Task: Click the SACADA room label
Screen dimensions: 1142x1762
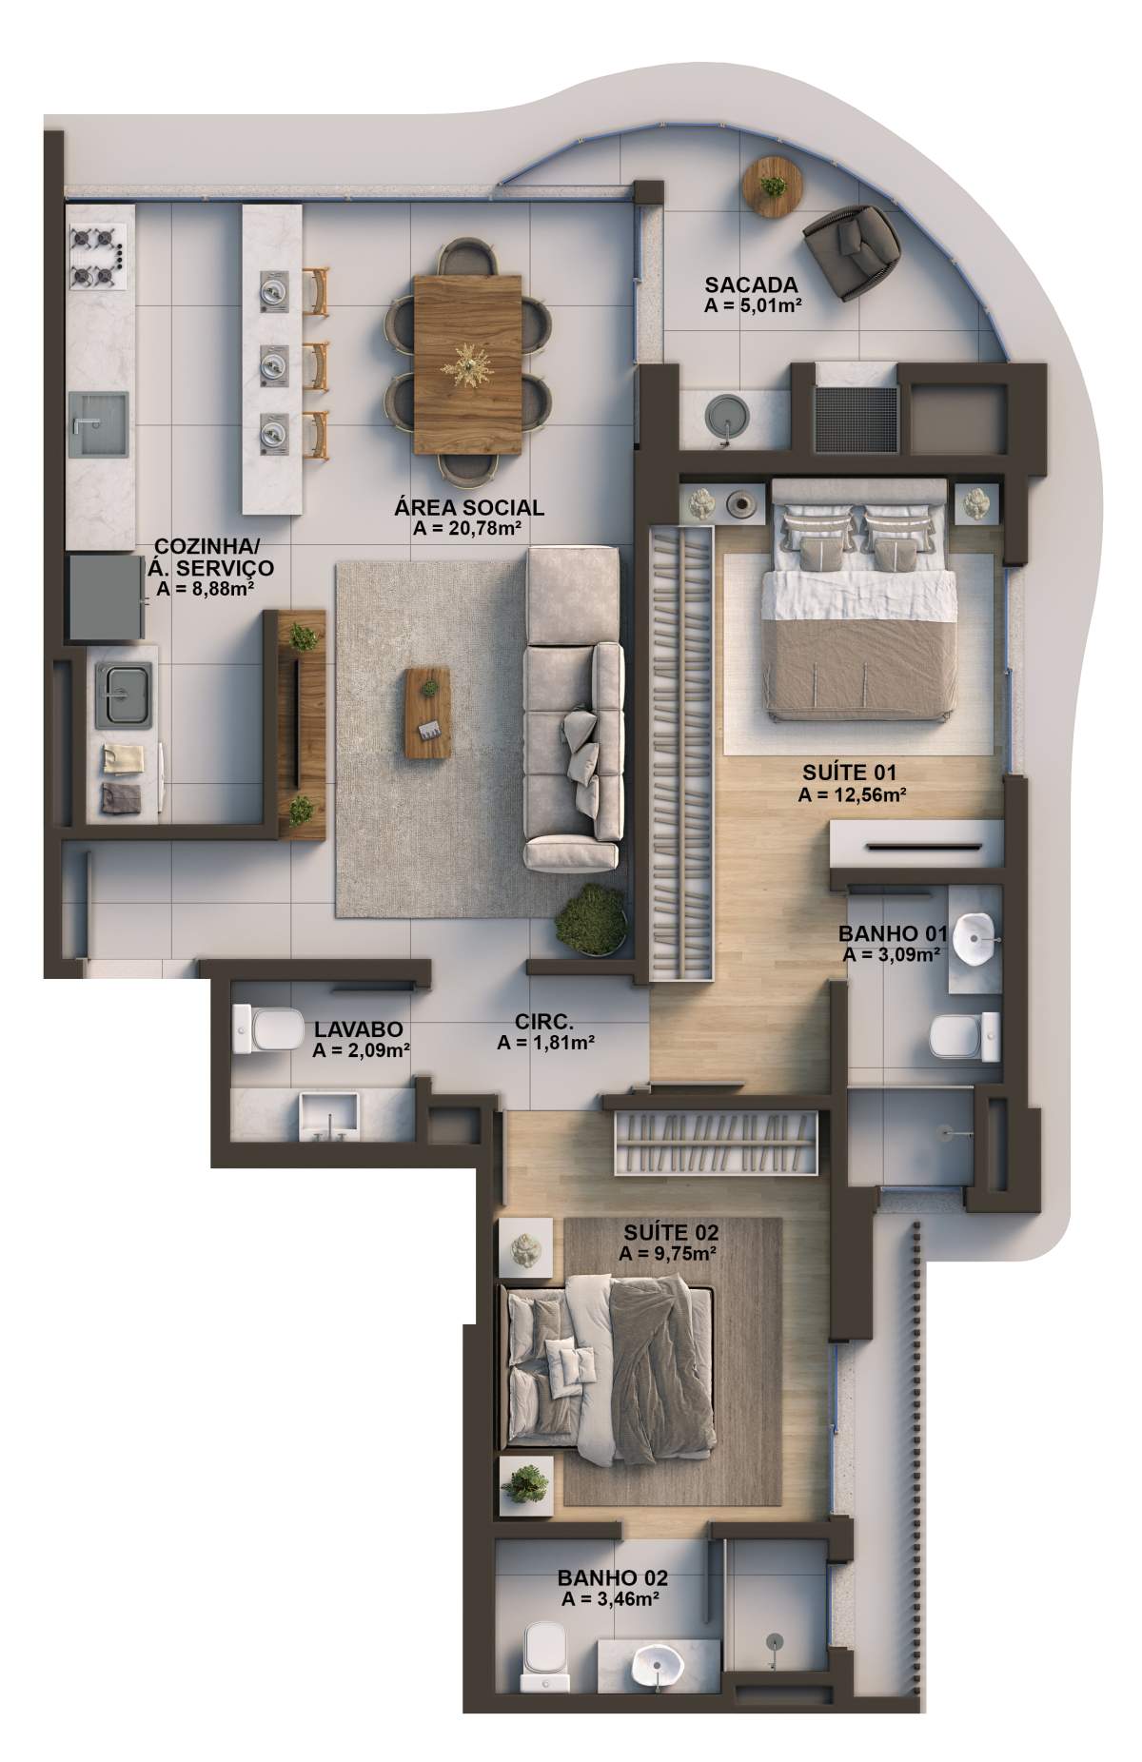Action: tap(751, 284)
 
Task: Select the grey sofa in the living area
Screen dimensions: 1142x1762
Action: tap(574, 709)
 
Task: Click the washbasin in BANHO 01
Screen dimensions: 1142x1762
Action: tap(973, 937)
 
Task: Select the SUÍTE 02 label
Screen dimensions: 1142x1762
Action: tap(666, 1234)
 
